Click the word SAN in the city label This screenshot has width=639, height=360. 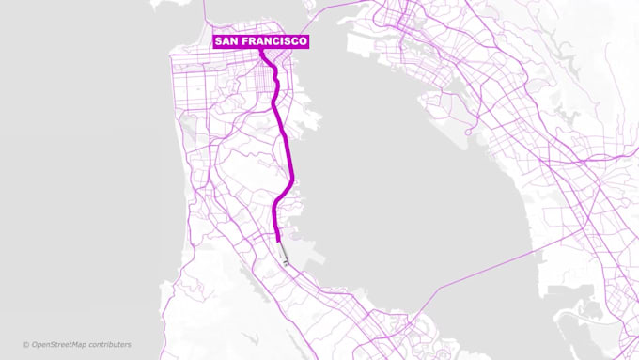pos(227,42)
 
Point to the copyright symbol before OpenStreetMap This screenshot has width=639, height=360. pos(26,345)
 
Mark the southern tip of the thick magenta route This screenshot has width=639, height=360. pos(277,241)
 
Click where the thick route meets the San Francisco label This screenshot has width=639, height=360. pos(263,50)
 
